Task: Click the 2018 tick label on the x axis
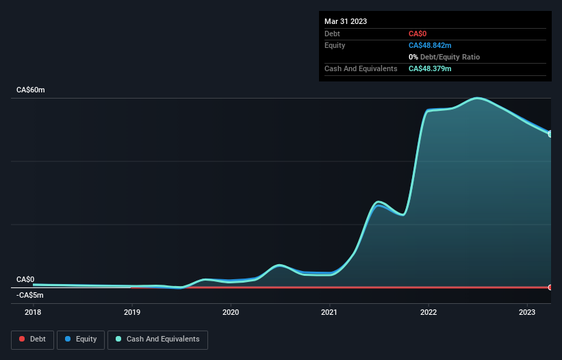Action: point(33,312)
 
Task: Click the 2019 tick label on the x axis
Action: point(132,312)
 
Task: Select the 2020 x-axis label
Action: point(231,312)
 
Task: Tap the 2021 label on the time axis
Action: point(329,312)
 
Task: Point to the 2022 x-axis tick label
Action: point(429,312)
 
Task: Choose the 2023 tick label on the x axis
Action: point(527,312)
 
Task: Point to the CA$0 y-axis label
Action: point(25,279)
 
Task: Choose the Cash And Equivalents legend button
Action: point(157,339)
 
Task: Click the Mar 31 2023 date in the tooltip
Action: point(346,21)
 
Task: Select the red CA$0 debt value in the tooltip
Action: point(418,34)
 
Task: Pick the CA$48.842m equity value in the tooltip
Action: point(430,45)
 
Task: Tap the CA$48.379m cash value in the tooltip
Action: point(430,68)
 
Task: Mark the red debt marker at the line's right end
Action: point(550,287)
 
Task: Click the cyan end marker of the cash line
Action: point(550,134)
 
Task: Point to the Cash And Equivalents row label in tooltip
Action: point(361,68)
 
